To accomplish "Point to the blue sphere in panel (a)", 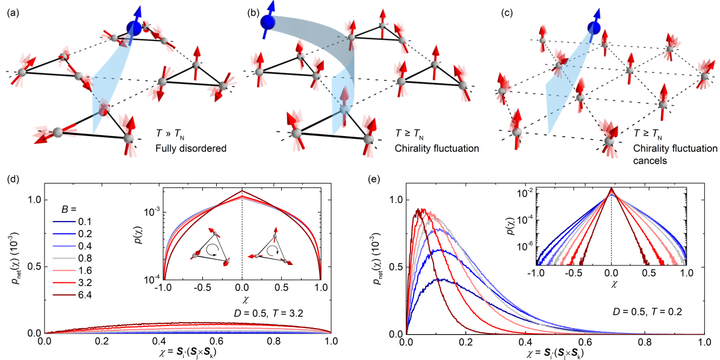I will (x=135, y=27).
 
